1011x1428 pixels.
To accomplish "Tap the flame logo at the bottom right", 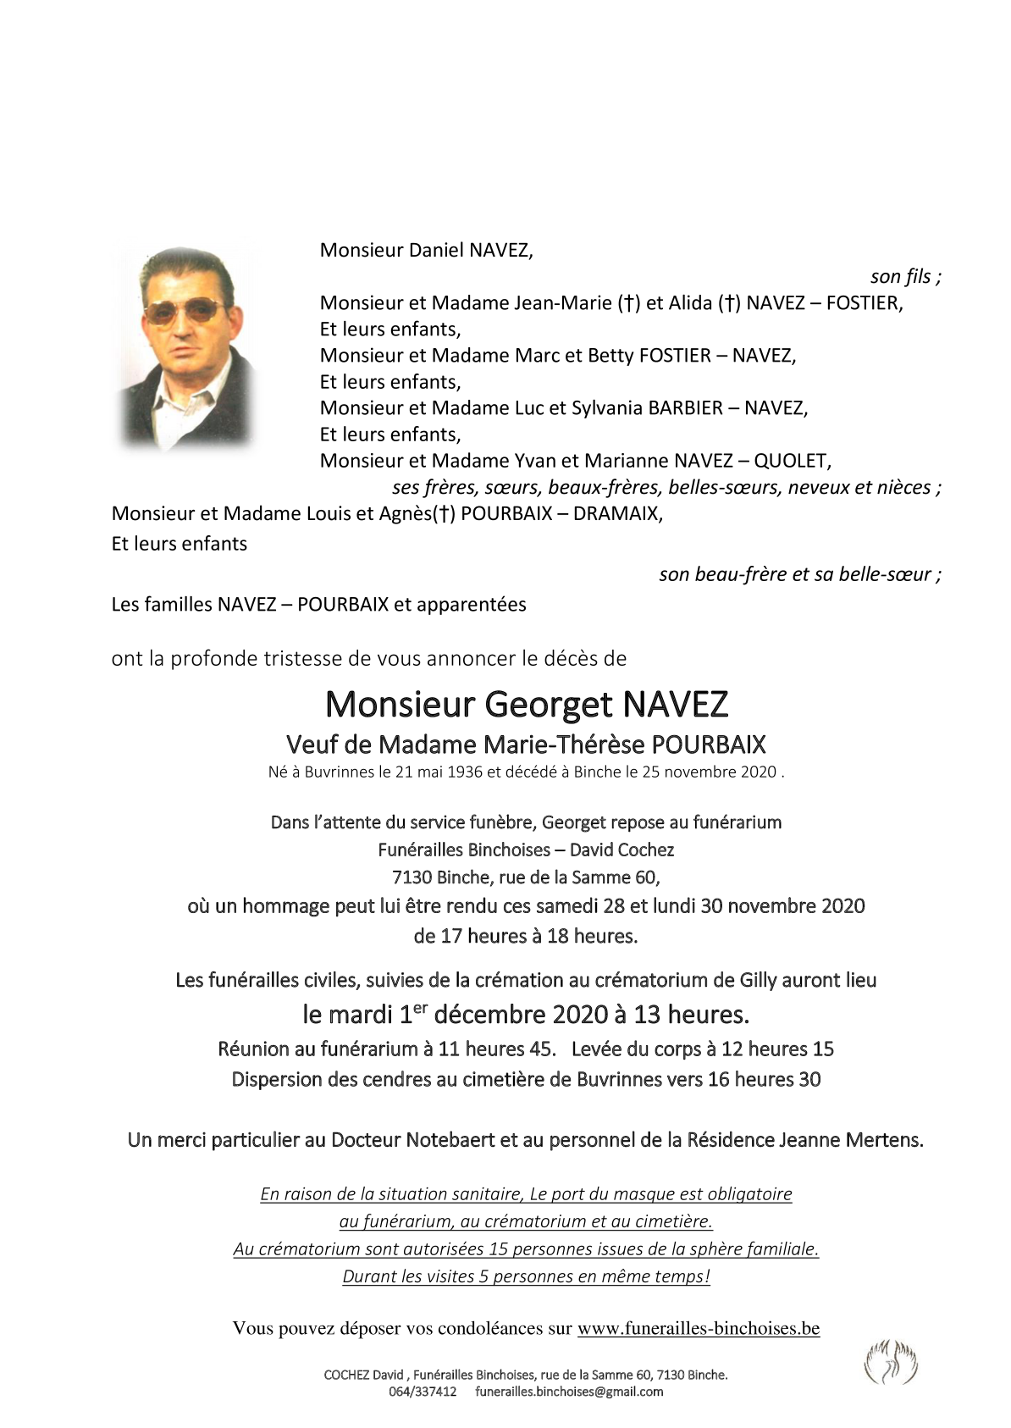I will [890, 1360].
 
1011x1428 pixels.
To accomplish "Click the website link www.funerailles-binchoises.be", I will [699, 1328].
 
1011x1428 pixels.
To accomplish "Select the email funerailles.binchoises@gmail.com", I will [569, 1392].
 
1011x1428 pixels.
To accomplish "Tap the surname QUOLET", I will [792, 461].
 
